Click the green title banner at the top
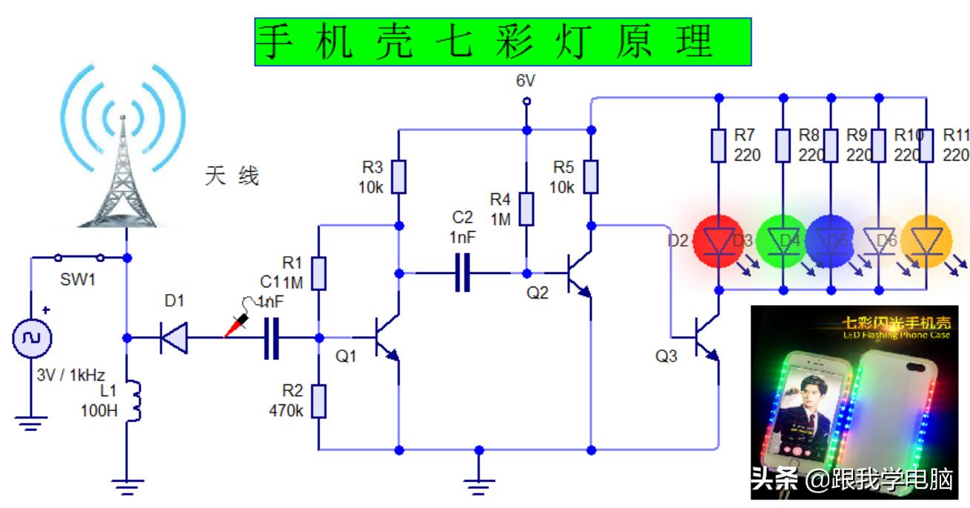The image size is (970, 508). coord(503,41)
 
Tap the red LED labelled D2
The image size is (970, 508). coord(718,240)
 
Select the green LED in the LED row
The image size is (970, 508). coord(783,240)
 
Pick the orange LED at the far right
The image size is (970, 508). coord(926,240)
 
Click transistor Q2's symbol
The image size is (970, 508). coord(578,273)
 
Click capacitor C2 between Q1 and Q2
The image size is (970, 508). coord(463,273)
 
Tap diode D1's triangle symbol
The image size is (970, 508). coord(174,338)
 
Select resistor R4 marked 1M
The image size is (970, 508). coord(526,209)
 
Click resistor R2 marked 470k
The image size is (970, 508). coord(318,401)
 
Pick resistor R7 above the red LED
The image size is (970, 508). coord(718,145)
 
